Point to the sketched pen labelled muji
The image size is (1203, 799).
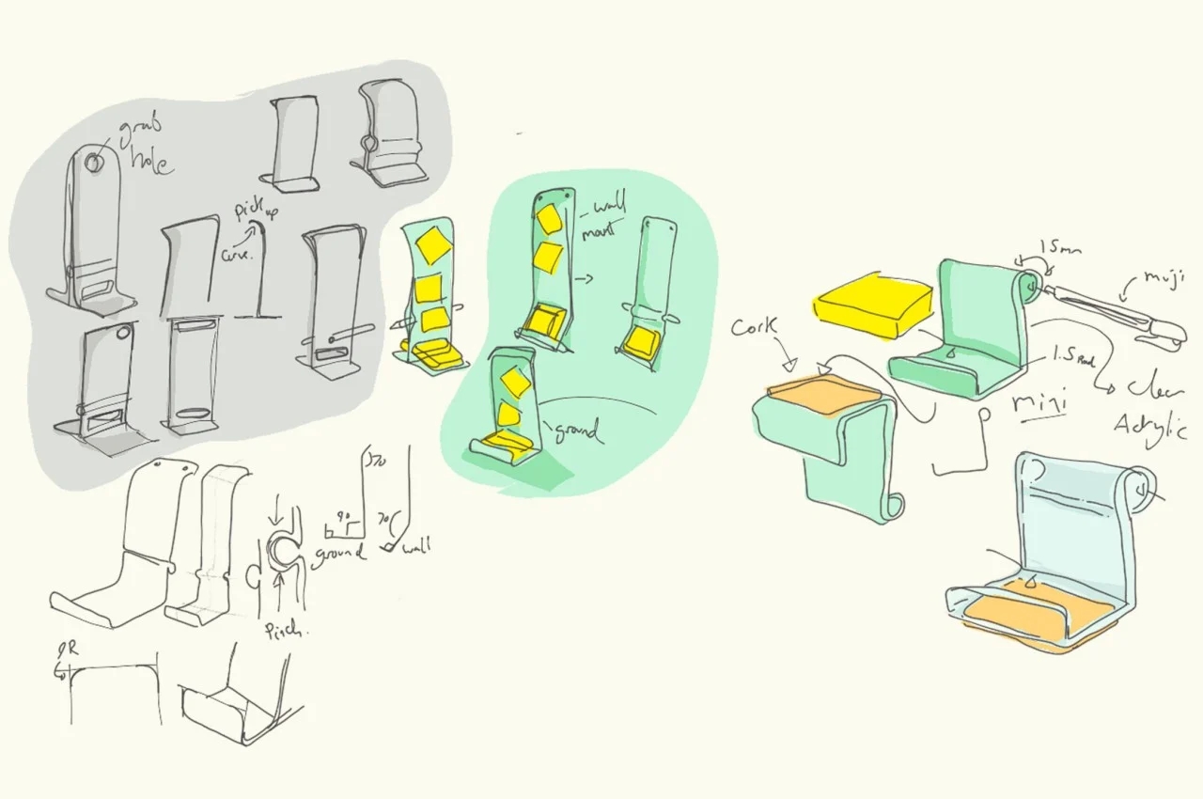(x=1118, y=310)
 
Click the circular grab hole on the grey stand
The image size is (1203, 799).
(x=94, y=163)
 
